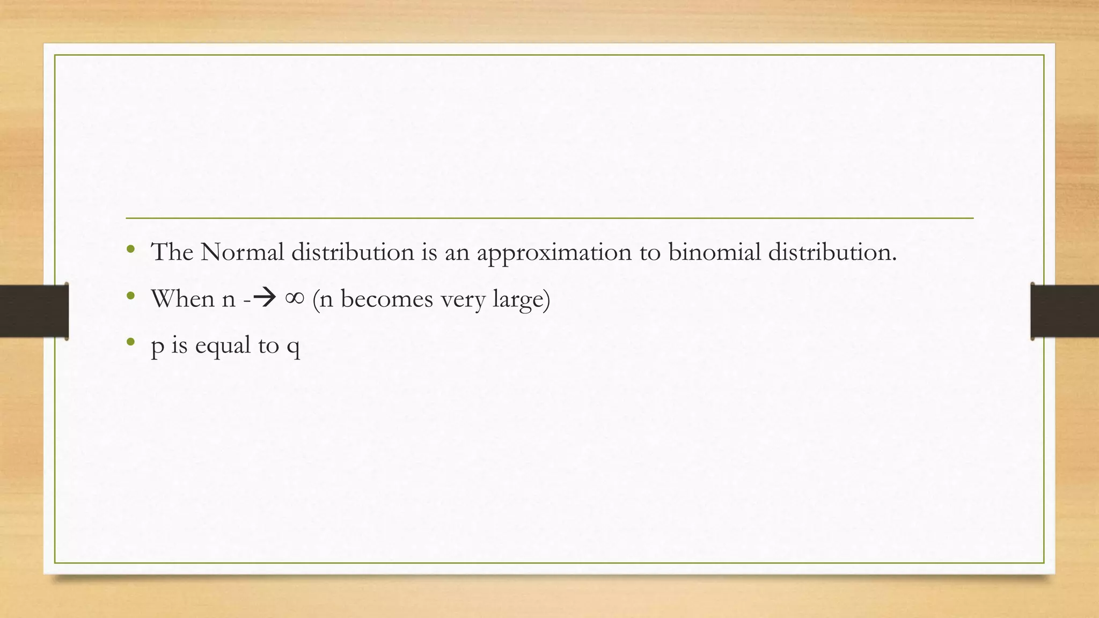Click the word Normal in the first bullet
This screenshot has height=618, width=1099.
(x=241, y=252)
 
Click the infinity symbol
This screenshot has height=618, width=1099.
(x=295, y=298)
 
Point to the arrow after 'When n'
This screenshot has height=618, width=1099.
(x=265, y=298)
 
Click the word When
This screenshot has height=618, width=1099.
(x=182, y=298)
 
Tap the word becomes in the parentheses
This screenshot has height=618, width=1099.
(x=386, y=298)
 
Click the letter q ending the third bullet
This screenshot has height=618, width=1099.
(x=293, y=347)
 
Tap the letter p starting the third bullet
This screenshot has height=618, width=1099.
(x=157, y=347)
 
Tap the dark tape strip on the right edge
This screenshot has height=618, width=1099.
(x=1065, y=311)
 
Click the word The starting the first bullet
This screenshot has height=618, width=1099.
(x=172, y=252)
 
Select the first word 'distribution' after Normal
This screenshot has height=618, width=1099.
(x=353, y=252)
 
